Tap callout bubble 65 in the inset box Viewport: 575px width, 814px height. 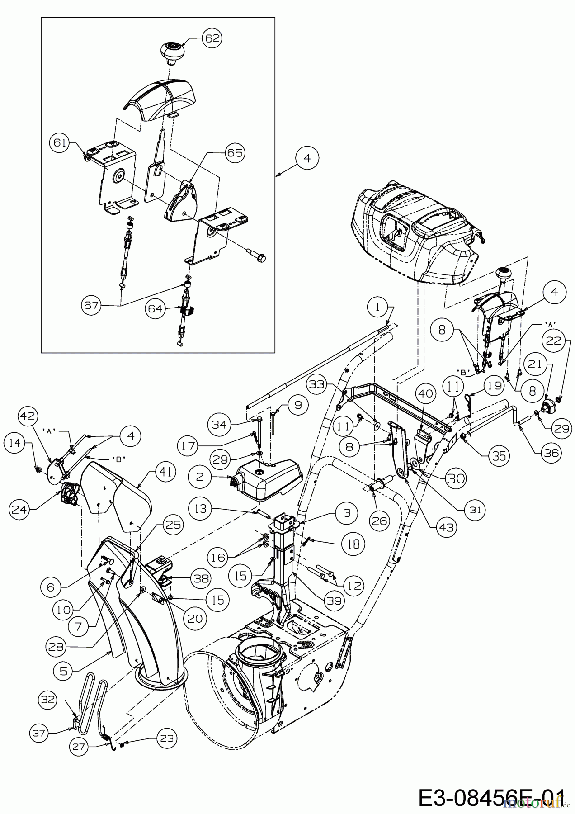tap(234, 153)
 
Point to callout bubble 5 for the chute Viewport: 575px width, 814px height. tap(63, 671)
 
